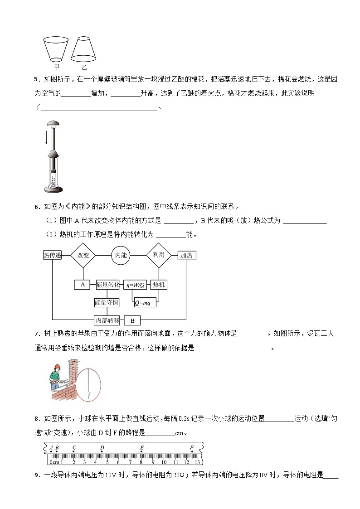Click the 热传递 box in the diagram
point(52,255)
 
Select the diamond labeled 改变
point(83,255)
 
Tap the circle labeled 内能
point(121,255)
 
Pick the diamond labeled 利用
point(159,255)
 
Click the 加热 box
point(186,255)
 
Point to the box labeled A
point(83,285)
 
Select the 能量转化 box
point(107,285)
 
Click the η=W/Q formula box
point(135,285)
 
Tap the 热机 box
point(159,285)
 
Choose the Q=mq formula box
point(145,302)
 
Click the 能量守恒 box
point(107,302)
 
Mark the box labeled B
point(132,320)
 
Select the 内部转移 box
point(107,320)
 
